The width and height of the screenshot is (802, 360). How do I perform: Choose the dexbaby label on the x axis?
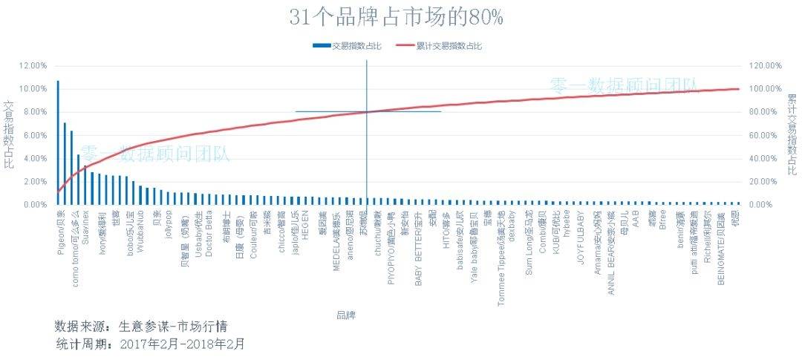512,225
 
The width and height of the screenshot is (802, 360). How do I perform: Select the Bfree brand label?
662,221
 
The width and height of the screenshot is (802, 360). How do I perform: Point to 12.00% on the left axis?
33,65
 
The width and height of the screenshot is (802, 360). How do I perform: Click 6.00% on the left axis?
34,135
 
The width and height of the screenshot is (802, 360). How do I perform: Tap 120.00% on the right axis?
765,65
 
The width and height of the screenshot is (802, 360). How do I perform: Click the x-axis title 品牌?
346,315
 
